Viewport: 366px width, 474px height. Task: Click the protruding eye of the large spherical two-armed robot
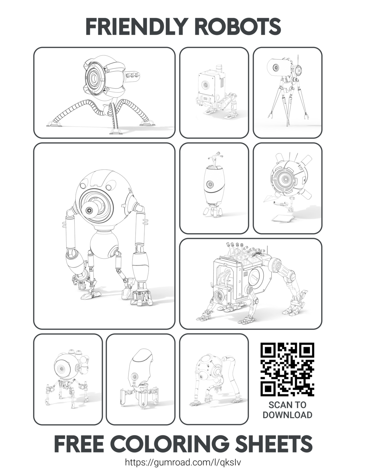pyautogui.click(x=89, y=211)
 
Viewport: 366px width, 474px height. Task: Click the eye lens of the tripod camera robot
pyautogui.click(x=276, y=67)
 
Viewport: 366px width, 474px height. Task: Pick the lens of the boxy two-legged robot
pyautogui.click(x=205, y=84)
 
